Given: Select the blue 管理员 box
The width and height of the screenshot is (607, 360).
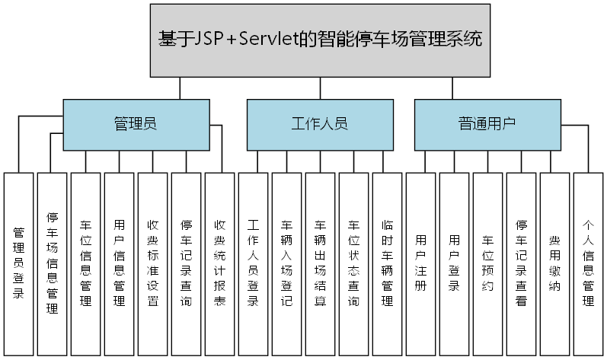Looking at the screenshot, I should pyautogui.click(x=136, y=124).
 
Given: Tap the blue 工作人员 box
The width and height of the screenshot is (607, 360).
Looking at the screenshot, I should pyautogui.click(x=319, y=124).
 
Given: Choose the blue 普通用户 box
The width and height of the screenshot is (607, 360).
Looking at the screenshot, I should pyautogui.click(x=487, y=124).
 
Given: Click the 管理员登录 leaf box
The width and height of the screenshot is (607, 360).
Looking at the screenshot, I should pyautogui.click(x=19, y=263).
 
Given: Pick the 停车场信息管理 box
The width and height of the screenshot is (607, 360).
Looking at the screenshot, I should pyautogui.click(x=53, y=263).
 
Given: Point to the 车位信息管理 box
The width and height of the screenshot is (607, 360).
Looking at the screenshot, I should pyautogui.click(x=86, y=263).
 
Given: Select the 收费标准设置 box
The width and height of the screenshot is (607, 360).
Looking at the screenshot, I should pyautogui.click(x=152, y=263).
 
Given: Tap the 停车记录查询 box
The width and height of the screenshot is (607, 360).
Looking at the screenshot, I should pyautogui.click(x=186, y=263).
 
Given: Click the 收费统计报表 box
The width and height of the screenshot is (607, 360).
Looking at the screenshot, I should pyautogui.click(x=219, y=263).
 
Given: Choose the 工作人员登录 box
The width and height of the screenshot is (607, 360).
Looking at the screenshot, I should pyautogui.click(x=253, y=263).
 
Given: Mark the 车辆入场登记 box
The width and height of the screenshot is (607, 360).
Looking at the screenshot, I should pyautogui.click(x=286, y=263).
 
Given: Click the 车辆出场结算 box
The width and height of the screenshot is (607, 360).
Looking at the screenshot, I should pyautogui.click(x=320, y=263).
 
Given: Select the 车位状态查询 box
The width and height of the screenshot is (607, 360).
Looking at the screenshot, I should pyautogui.click(x=353, y=263).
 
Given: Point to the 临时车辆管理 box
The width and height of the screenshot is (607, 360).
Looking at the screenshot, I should pyautogui.click(x=387, y=263).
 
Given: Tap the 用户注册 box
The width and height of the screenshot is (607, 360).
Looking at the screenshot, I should pyautogui.click(x=420, y=263).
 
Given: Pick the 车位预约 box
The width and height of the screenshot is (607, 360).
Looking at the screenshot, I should pyautogui.click(x=487, y=263).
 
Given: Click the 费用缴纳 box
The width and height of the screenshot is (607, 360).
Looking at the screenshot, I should pyautogui.click(x=554, y=263).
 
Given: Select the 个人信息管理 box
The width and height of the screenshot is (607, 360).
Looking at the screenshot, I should pyautogui.click(x=588, y=263).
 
